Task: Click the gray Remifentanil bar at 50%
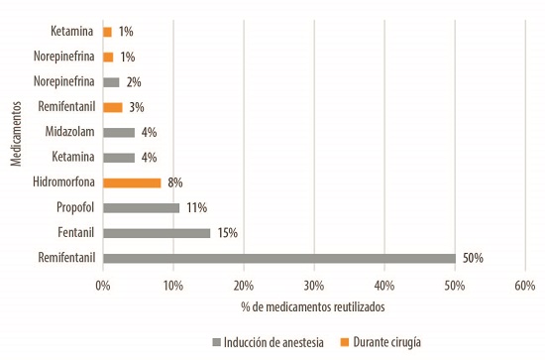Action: (x=278, y=259)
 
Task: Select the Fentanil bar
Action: (x=157, y=233)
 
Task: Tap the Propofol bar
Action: (x=142, y=208)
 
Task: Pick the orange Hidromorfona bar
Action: (x=132, y=182)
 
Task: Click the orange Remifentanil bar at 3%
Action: (x=113, y=106)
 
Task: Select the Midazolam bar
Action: (x=119, y=132)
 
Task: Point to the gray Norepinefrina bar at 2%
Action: (x=111, y=81)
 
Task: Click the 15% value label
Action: (x=227, y=233)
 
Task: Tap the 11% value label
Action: (x=197, y=208)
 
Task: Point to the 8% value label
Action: (x=175, y=182)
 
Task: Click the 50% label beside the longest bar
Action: (x=472, y=259)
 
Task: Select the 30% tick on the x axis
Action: (x=314, y=286)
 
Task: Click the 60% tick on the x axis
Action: (x=525, y=286)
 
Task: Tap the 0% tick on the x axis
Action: (x=103, y=286)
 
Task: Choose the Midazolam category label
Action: (x=70, y=132)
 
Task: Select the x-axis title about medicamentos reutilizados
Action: (x=313, y=307)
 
